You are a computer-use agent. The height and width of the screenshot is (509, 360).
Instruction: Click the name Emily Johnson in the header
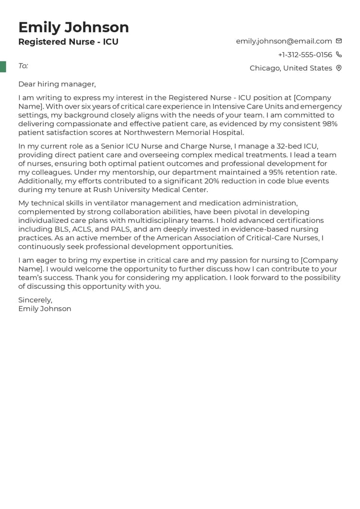[73, 27]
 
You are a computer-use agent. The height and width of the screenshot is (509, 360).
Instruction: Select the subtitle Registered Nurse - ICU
[68, 42]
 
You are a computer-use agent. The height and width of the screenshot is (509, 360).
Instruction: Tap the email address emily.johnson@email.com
[284, 41]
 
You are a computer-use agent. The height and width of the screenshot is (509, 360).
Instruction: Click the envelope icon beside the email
[339, 41]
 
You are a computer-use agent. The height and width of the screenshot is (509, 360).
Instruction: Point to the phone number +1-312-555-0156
[305, 55]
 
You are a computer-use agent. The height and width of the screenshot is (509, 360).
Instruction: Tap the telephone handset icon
[339, 55]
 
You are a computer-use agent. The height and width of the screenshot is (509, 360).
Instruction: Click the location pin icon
[339, 68]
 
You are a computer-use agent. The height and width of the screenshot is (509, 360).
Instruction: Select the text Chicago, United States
[290, 68]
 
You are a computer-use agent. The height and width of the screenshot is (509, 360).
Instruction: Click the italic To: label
[23, 66]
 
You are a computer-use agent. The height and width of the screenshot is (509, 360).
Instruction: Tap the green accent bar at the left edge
[3, 67]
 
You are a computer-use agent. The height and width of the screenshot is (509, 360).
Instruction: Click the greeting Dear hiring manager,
[57, 84]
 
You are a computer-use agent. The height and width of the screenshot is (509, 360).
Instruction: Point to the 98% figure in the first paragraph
[329, 124]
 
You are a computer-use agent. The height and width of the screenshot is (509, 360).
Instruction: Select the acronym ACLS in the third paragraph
[82, 229]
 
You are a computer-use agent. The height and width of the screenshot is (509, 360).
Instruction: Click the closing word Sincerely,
[35, 300]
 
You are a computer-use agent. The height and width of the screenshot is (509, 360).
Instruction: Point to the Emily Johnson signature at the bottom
[45, 309]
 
